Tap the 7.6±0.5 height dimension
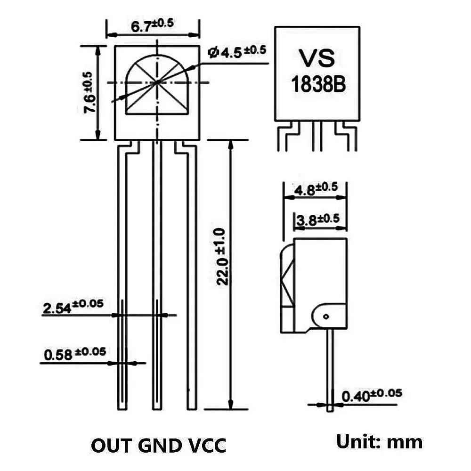click(89, 93)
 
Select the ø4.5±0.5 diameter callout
click(237, 51)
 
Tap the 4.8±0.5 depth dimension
click(315, 189)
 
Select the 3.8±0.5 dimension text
click(317, 219)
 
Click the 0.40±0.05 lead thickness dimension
click(372, 395)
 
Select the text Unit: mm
click(379, 442)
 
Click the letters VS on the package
click(317, 58)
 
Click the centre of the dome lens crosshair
click(157, 82)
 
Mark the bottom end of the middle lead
click(157, 407)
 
